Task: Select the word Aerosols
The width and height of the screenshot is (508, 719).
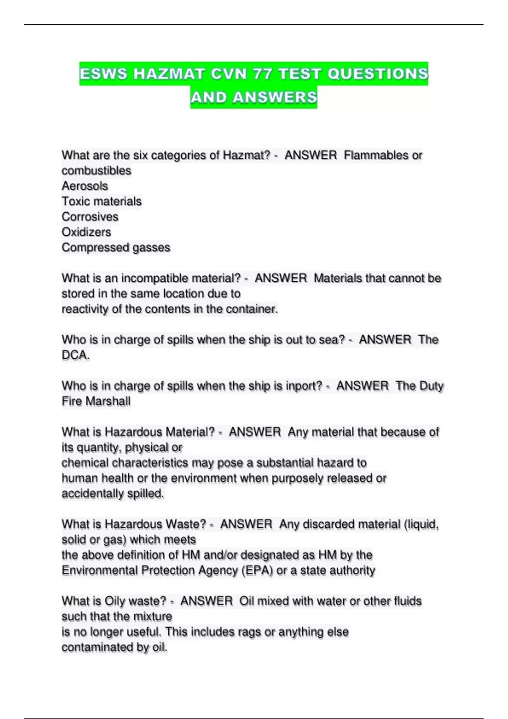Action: [85, 186]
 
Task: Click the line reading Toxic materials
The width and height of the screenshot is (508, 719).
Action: [102, 201]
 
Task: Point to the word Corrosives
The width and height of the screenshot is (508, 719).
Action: [90, 217]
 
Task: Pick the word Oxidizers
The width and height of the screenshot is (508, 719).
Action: [86, 232]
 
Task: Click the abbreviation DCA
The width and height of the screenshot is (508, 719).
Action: [75, 355]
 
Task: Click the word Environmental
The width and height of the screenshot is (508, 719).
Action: [99, 571]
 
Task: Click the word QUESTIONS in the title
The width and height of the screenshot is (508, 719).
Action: [378, 74]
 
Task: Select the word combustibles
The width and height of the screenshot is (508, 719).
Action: [97, 170]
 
